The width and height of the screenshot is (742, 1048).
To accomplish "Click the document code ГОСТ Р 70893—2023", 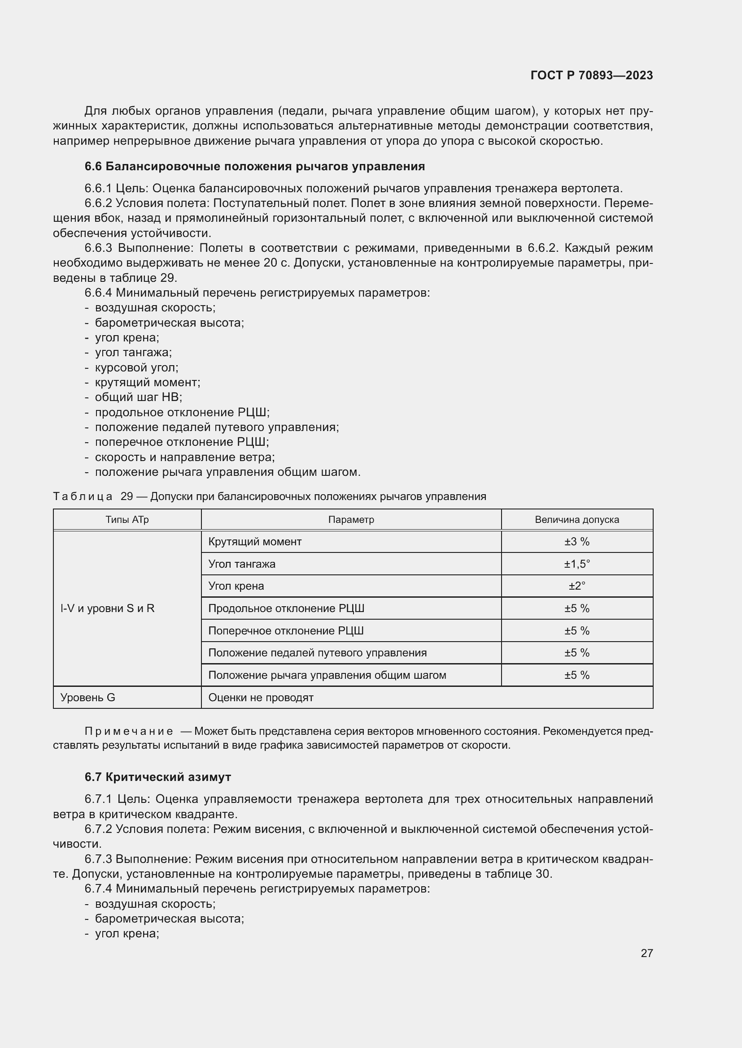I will click(x=591, y=76).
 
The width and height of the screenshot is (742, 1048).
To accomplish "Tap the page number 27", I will click(x=646, y=953).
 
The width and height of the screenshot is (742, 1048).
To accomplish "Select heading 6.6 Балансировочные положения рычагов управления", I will click(x=254, y=167).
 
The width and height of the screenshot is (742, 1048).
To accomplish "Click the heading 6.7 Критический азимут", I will click(x=157, y=777).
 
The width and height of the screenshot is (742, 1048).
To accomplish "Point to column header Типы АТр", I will click(x=127, y=519).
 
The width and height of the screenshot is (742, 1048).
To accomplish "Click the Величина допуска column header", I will click(x=576, y=519).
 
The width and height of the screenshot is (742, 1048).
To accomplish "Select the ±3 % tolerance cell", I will click(x=576, y=542).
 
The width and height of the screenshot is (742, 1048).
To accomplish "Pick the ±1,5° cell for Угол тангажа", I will click(x=576, y=564).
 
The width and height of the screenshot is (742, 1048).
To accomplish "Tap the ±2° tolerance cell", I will click(x=576, y=586).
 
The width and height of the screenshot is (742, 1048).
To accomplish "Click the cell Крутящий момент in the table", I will click(x=255, y=542).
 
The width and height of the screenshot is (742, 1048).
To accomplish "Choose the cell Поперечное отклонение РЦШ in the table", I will click(x=286, y=631).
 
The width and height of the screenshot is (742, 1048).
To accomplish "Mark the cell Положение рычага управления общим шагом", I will click(x=327, y=675).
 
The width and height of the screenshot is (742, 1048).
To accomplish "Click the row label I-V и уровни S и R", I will click(x=107, y=608).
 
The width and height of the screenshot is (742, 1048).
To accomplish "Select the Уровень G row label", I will click(x=88, y=698).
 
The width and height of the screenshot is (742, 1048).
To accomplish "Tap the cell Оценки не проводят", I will click(x=261, y=698).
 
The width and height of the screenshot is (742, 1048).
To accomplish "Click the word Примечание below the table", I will click(x=129, y=731).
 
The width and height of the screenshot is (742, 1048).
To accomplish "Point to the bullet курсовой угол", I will click(x=137, y=367).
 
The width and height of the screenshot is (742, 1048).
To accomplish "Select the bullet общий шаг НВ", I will click(x=139, y=397).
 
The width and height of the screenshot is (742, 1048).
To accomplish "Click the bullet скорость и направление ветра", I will click(x=184, y=457).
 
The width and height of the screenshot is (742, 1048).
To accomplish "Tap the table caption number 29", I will click(x=127, y=496).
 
